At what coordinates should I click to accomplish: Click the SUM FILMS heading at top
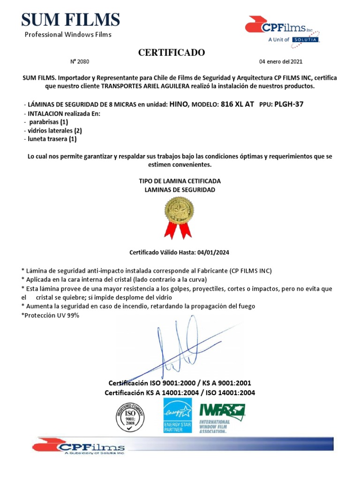pos(70,20)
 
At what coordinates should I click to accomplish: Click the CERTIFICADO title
pos(171,52)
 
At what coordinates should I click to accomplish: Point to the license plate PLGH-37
pos(288,104)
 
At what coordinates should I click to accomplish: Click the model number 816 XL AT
pos(237,104)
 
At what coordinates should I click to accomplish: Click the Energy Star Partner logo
pos(177,415)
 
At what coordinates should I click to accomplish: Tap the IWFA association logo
pos(222,417)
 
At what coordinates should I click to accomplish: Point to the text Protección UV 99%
pos(50,315)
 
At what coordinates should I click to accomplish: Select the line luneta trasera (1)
pos(50,139)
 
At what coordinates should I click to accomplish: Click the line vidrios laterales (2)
pos(52,131)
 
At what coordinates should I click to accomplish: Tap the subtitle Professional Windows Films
pos(68,34)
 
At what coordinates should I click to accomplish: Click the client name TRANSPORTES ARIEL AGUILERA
pos(150,87)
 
